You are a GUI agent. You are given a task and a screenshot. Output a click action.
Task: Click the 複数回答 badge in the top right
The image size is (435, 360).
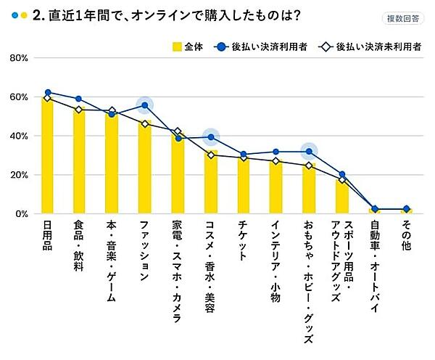[x=402, y=18]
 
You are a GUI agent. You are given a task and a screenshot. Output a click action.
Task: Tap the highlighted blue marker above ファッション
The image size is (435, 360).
[x=145, y=105]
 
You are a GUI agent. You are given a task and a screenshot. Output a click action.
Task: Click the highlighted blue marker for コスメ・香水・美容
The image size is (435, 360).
[x=211, y=136]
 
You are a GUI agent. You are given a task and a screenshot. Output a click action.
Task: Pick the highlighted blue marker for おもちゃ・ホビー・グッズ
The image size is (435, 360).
[x=309, y=151]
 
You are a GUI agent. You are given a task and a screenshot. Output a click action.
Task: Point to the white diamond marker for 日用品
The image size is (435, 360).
[x=48, y=97]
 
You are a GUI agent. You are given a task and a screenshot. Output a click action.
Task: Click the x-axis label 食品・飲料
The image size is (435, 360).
[x=80, y=250]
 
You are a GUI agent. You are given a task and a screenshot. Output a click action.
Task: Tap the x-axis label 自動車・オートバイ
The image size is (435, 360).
[x=374, y=269]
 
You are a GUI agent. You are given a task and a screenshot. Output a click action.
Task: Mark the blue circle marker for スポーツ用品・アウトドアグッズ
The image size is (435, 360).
[x=342, y=174]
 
